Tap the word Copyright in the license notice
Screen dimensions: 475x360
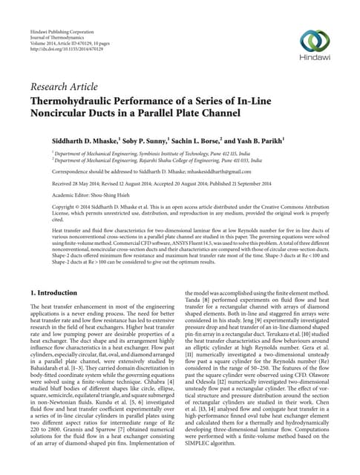pos(45,209)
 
